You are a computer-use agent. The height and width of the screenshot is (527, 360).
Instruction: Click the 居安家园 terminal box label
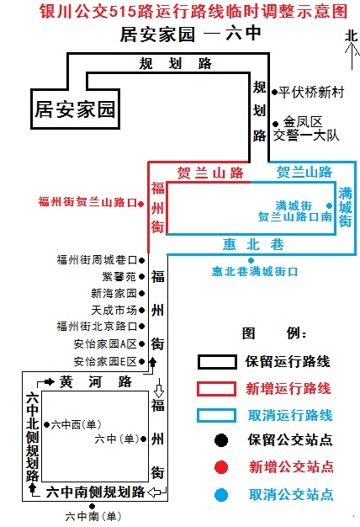[x=75, y=109]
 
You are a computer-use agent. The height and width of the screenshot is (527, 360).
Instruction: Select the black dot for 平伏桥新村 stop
[x=275, y=92]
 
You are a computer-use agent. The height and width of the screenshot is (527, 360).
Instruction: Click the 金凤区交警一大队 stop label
[x=306, y=129]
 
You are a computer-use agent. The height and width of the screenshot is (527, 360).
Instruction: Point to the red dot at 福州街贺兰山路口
[x=141, y=204]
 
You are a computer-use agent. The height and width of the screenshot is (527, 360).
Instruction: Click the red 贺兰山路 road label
[x=210, y=173]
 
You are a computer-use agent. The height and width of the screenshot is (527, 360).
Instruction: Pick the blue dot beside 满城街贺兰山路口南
[x=330, y=205]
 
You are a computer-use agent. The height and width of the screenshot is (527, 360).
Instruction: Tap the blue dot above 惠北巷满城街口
[x=251, y=260]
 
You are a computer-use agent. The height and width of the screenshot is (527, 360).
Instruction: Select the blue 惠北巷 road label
[x=253, y=244]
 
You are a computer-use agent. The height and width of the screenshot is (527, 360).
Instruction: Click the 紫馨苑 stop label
[x=119, y=277]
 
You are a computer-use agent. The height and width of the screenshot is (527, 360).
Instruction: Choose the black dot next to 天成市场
[x=141, y=310]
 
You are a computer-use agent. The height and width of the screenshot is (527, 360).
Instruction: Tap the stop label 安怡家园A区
[x=105, y=344]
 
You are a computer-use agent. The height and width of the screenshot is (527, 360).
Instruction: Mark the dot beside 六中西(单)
[x=46, y=425]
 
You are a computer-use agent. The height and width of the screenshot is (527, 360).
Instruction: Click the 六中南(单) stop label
[x=93, y=516]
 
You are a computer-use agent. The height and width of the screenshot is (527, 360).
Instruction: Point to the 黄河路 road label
[x=96, y=382]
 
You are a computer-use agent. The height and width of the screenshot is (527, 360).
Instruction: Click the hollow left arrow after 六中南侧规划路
[x=156, y=492]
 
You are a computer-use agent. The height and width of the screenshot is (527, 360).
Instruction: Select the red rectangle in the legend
[x=217, y=389]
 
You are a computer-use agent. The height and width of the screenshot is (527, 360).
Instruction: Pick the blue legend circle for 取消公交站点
[x=221, y=495]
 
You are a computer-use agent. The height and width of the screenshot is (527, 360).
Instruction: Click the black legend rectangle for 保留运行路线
[x=217, y=362]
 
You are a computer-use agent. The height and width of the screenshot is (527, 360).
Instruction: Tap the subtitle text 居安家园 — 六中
[x=190, y=34]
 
